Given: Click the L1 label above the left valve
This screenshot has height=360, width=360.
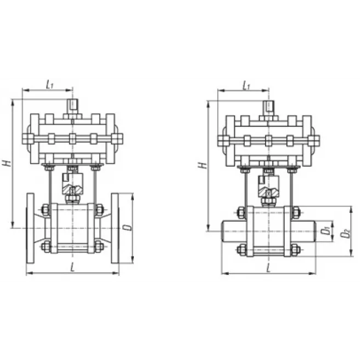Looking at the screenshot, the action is pos(49,85).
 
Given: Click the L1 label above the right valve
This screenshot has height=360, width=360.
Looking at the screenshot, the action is pos(246,86).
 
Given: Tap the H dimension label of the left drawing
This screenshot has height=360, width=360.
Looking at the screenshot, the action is pos(7,163).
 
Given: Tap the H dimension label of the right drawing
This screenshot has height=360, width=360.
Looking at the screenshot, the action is pos(203,165).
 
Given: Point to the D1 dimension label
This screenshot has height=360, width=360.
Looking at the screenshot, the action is pos(325,231).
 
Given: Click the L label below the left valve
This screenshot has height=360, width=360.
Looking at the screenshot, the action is pos(72,267).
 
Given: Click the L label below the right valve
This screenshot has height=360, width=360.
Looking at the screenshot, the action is pos(268,268).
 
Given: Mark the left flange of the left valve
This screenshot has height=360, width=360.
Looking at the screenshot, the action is pos(30,228).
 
